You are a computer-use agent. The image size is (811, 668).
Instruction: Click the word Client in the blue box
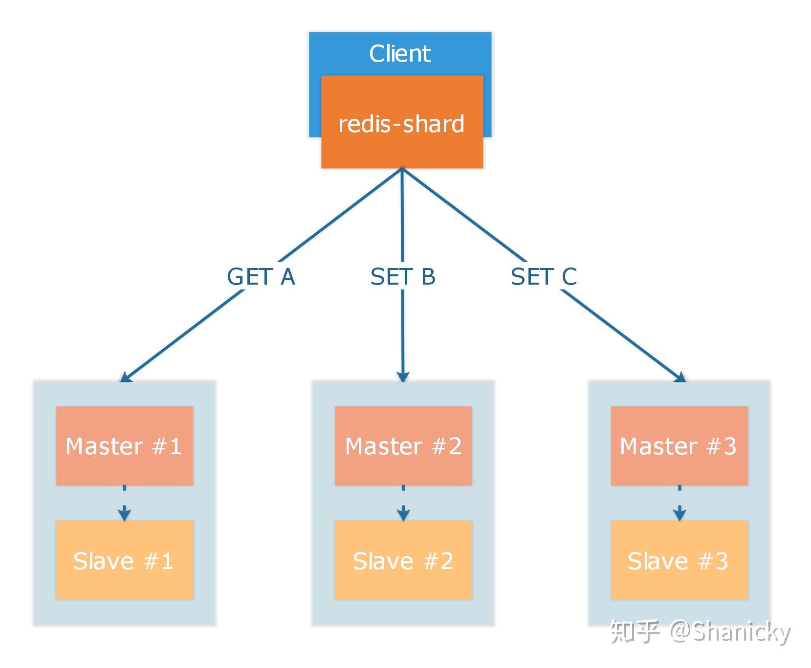coord(399,53)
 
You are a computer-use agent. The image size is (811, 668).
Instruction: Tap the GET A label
coord(261,277)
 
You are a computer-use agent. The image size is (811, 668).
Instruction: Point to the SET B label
coord(403,277)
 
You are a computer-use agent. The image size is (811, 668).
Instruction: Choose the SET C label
coord(544,277)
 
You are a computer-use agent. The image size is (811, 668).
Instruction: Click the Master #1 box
coord(124,445)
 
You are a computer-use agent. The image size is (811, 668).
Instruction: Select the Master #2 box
coord(403,445)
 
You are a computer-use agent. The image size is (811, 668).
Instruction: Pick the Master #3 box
coord(679,445)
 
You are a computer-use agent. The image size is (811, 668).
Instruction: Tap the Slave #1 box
coord(124,560)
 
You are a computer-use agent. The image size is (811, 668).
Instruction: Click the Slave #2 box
coord(403,560)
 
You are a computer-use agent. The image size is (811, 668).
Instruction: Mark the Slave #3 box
coord(679,560)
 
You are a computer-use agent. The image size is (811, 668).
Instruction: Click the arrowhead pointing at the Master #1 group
coord(126,377)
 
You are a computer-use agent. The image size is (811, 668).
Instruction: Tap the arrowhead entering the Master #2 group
coord(403,377)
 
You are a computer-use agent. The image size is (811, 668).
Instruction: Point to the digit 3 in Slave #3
coord(721,561)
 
